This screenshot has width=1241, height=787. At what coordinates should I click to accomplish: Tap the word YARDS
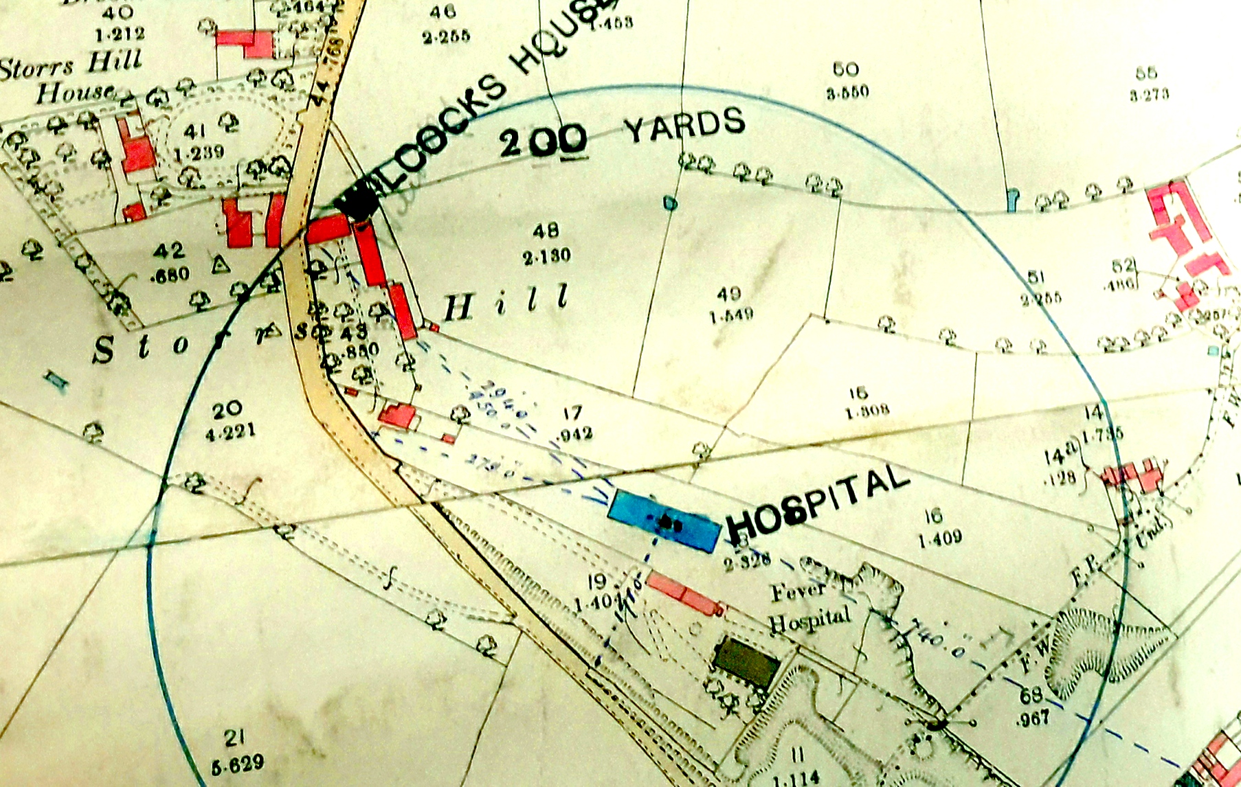684,125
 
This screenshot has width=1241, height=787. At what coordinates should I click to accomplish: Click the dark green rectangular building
746,662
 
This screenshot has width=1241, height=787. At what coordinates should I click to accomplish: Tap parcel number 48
546,230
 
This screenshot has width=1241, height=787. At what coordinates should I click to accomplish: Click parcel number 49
728,294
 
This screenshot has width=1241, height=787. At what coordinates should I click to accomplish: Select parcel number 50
845,69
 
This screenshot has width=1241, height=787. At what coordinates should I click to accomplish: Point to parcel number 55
1146,73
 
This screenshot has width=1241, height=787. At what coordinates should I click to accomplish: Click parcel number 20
227,410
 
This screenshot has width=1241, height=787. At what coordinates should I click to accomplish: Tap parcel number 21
234,738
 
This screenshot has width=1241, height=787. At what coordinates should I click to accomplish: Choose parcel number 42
169,251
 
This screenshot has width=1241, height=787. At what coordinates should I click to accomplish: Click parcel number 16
932,516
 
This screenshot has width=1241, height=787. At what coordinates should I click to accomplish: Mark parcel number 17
572,413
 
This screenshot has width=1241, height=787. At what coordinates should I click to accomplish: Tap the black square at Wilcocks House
357,201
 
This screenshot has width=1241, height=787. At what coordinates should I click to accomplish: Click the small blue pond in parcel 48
670,203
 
